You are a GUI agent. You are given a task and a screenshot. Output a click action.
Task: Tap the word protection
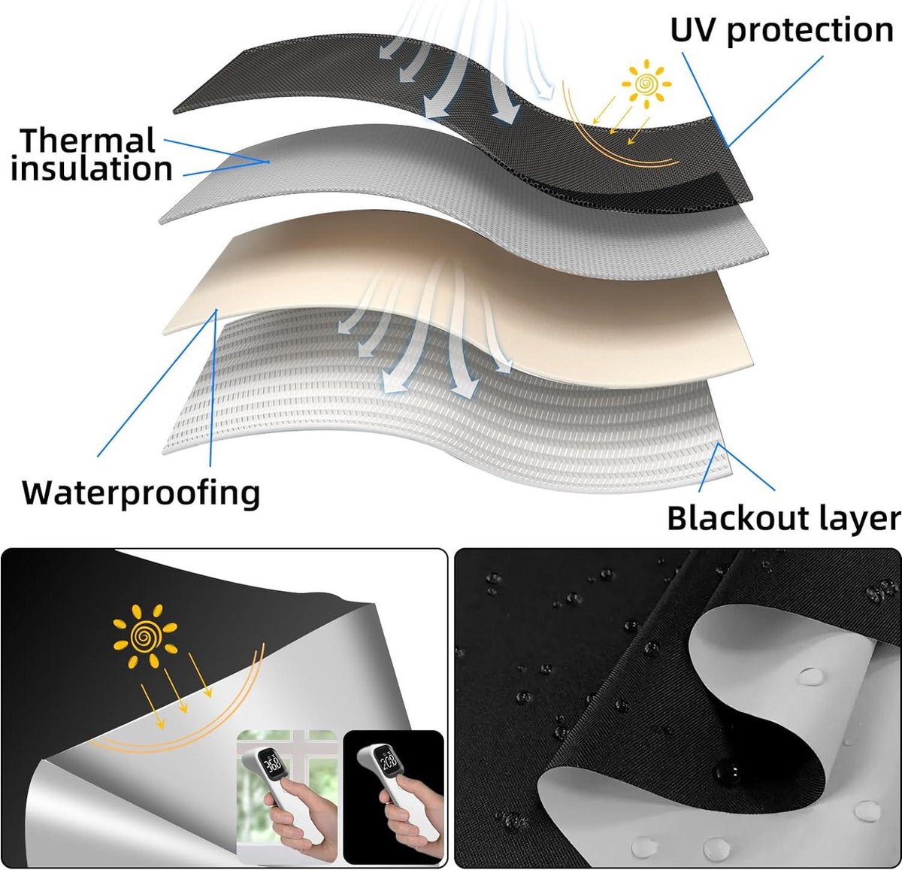coord(810,32)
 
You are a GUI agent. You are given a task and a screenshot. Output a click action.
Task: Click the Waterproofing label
coord(141,493)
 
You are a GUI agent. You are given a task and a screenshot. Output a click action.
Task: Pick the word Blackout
coord(736,518)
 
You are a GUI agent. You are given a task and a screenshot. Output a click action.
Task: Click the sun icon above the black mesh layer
coord(646,84)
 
